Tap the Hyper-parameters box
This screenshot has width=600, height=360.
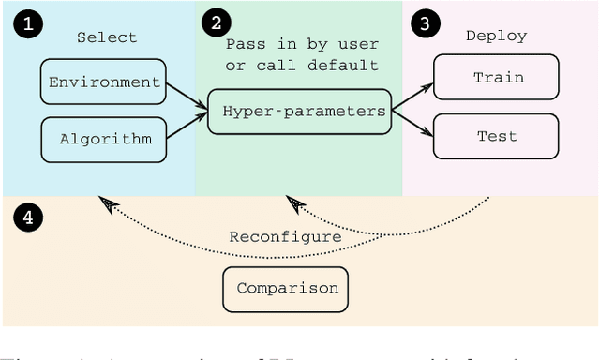(x=299, y=111)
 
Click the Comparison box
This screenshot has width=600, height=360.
(x=287, y=288)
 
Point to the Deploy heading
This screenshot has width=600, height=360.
(x=496, y=36)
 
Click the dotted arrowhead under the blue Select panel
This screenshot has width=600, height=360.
(x=111, y=205)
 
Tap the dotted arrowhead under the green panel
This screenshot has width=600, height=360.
(x=296, y=203)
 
